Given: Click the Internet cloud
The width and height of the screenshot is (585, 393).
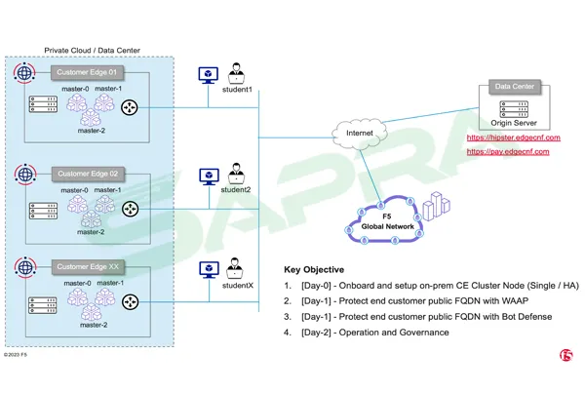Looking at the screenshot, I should click(x=354, y=132).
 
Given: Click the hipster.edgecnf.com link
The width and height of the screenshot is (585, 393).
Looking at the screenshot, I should click(x=514, y=138).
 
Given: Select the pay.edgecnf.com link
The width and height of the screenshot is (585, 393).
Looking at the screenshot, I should click(x=506, y=152).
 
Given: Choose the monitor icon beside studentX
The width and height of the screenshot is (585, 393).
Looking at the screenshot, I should click(x=207, y=268).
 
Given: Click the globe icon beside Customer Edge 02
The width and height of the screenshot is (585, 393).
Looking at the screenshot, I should click(x=25, y=175).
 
